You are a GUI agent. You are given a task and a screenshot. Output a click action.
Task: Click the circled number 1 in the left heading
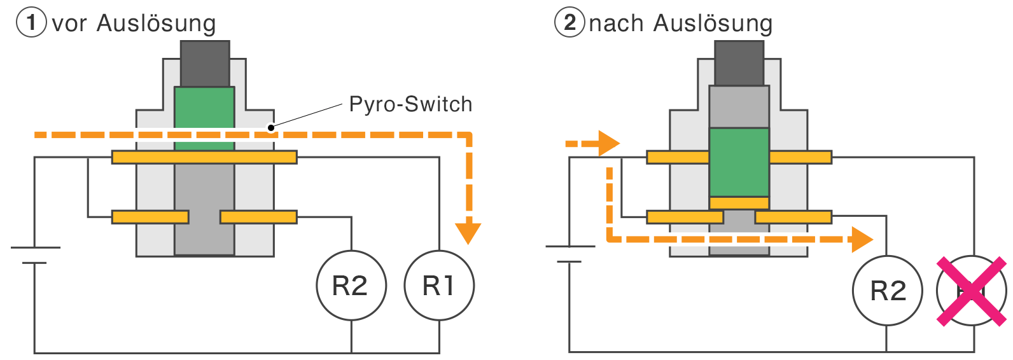pos(31,23)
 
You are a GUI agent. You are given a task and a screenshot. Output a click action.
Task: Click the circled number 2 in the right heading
pos(569,23)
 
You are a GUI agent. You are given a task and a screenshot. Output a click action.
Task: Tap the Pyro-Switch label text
pos(410,104)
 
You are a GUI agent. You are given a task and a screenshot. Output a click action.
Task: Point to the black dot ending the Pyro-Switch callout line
pos(271,128)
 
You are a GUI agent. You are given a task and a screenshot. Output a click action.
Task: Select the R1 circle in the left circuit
pos(439,286)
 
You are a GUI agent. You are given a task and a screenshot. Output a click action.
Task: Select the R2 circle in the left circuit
pos(351,286)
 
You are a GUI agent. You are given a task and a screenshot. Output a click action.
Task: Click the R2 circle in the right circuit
pos(887,291)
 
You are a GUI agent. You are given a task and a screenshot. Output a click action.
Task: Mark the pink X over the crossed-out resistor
pos(972,291)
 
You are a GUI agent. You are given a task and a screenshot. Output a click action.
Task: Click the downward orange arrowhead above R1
pos(468,233)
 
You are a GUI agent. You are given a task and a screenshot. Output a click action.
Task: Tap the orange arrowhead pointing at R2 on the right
pos(862,240)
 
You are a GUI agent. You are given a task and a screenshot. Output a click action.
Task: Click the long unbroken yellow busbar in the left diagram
pos(204,157)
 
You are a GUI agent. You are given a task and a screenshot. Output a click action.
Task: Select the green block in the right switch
pos(739,162)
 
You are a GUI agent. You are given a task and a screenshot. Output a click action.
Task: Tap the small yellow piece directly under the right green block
pos(739,203)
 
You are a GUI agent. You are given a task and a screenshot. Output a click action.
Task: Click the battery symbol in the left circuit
pos(35,254)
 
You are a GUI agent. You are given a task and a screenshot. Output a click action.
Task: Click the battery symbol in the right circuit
pos(569,254)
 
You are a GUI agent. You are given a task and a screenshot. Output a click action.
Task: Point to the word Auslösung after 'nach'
pos(713,24)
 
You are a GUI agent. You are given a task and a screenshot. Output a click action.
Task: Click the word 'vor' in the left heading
pos(69,24)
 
